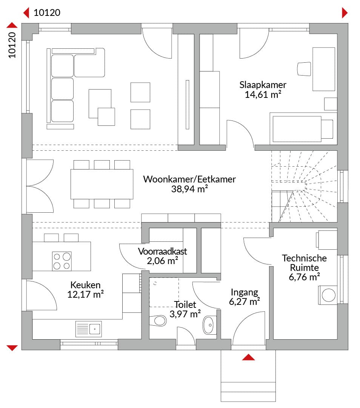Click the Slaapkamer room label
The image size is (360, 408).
[x=263, y=85]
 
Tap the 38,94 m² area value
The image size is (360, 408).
[x=189, y=189]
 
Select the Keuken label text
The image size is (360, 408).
[x=86, y=285]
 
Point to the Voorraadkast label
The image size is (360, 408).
[x=163, y=251]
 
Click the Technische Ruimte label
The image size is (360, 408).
[x=305, y=263]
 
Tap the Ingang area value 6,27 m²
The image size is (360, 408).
[x=245, y=301]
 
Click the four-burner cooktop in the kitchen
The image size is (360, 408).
[x=62, y=261]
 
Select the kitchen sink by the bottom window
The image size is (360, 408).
[x=89, y=329]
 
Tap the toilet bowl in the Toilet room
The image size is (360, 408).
[x=158, y=321]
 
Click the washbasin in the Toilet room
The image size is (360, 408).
[x=209, y=325]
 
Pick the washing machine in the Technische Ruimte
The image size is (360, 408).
[x=328, y=295]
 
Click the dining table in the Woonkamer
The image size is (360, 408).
[x=102, y=184]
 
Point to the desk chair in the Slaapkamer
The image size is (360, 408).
[x=304, y=69]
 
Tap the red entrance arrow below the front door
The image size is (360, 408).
[x=248, y=357]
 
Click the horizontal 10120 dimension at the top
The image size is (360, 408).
[x=47, y=12]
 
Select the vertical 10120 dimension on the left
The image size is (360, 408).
[x=12, y=45]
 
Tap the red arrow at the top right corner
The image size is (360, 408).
[x=345, y=12]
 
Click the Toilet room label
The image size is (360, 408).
[x=185, y=304]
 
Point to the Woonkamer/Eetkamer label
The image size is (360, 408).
[x=189, y=179]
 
